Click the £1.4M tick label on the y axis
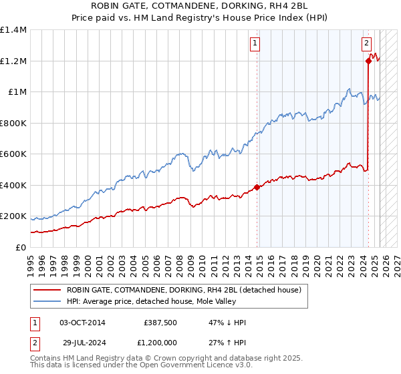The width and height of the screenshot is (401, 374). pyautogui.click(x=13, y=30)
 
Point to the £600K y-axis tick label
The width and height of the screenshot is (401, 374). pyautogui.click(x=13, y=154)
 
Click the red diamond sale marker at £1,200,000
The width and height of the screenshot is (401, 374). pyautogui.click(x=368, y=61)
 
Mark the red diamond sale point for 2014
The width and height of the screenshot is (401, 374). pyautogui.click(x=257, y=187)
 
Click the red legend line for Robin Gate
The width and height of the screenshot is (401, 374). pyautogui.click(x=46, y=290)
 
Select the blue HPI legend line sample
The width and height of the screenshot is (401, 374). pyautogui.click(x=46, y=301)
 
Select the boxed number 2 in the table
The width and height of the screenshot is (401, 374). pyautogui.click(x=33, y=341)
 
